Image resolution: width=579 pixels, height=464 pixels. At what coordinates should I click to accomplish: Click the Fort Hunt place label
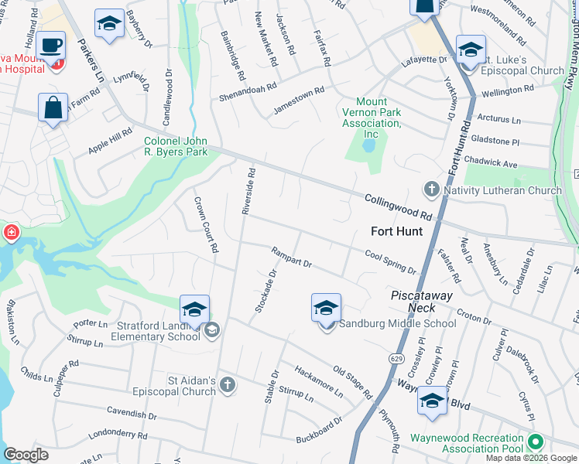(x=396, y=231)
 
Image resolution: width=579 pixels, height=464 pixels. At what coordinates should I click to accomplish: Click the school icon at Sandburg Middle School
(x=327, y=308)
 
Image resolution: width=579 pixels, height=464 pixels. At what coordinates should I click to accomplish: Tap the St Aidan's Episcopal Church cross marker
(x=227, y=384)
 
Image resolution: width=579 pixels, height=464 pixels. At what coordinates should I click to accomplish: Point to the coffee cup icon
(x=52, y=46)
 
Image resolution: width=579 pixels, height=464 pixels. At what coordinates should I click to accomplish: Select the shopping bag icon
(x=53, y=108)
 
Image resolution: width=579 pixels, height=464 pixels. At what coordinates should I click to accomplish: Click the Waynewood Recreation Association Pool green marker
(x=534, y=442)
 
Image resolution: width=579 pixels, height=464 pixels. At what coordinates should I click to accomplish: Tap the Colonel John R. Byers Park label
(x=176, y=147)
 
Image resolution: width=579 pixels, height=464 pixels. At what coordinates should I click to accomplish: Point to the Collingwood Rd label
(x=398, y=206)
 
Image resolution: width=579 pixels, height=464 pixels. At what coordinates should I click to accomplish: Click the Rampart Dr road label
(x=291, y=258)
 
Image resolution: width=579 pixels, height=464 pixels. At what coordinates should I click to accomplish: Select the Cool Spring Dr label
(x=390, y=261)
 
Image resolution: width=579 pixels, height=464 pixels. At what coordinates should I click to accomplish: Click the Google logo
(x=26, y=455)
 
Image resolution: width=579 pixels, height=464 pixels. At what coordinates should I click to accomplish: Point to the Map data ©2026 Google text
(x=530, y=458)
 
